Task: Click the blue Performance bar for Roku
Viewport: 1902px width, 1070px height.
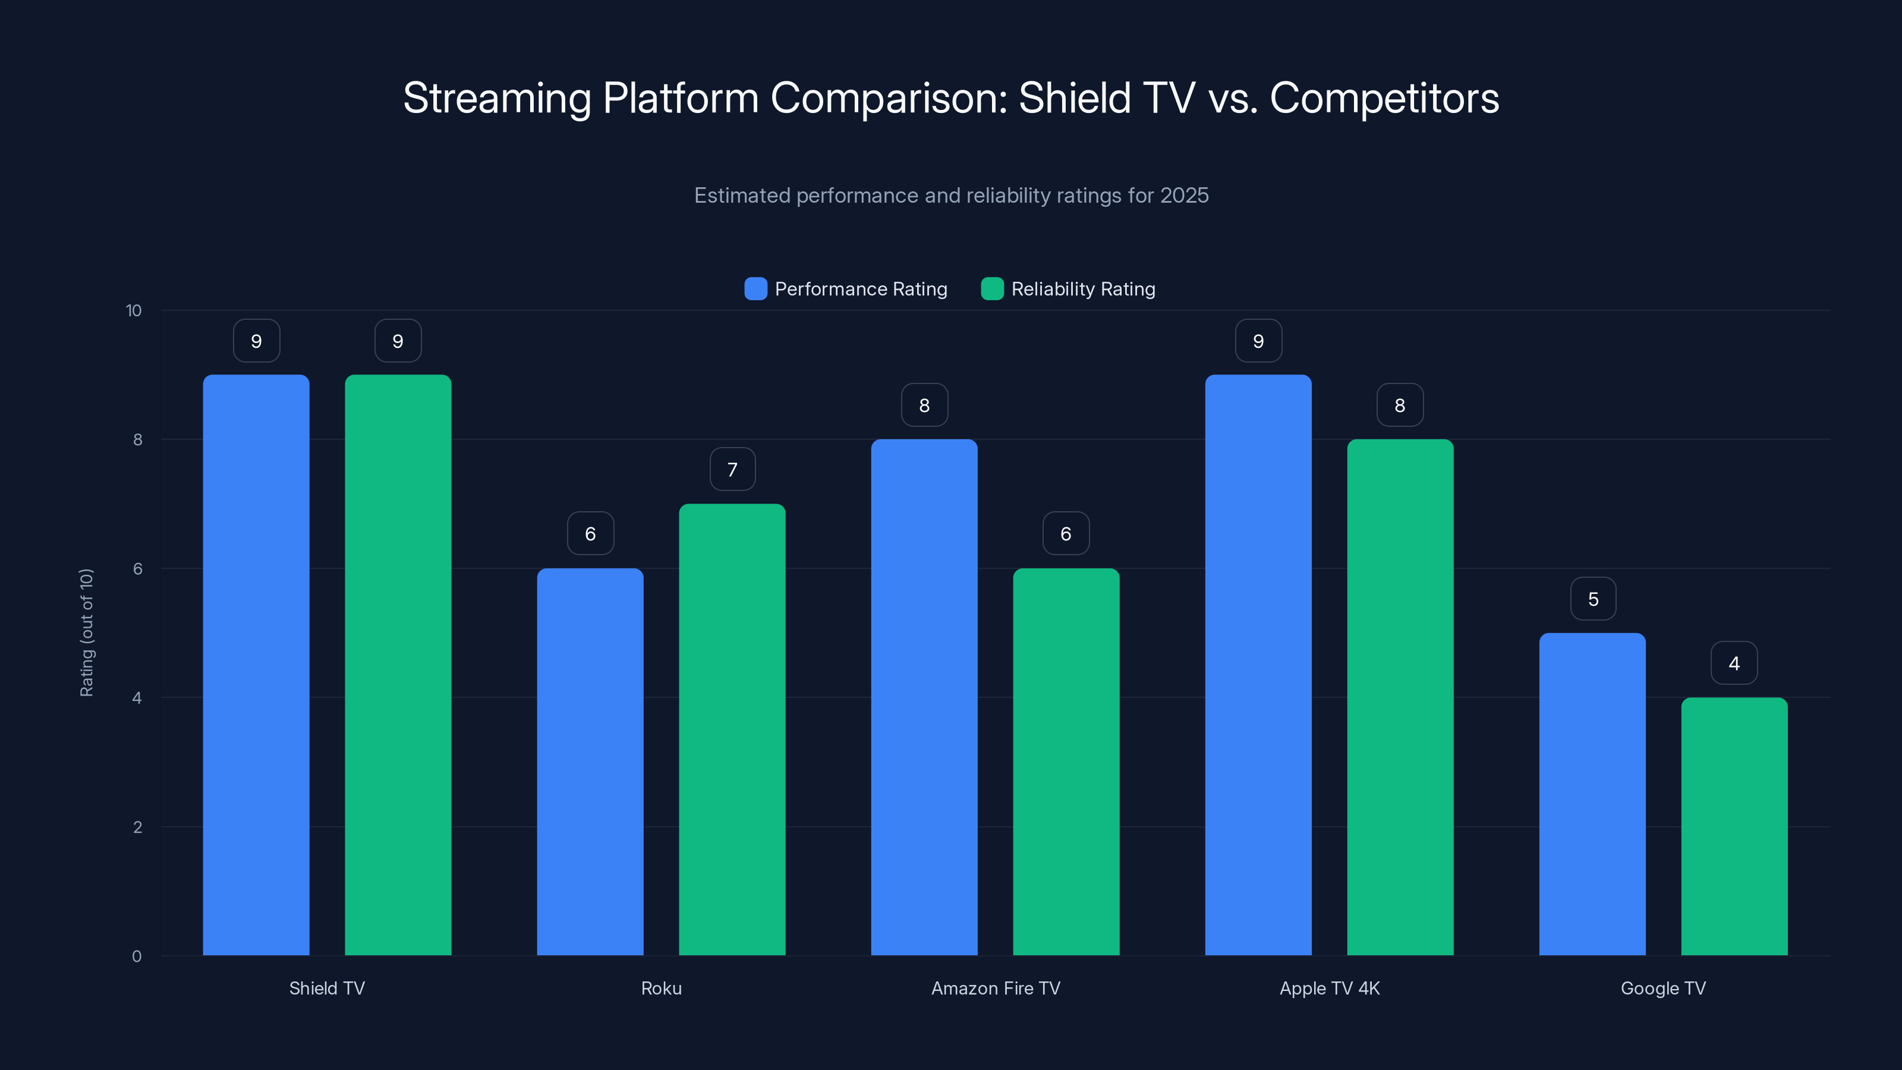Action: [590, 761]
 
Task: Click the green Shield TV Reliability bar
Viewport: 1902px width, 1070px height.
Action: [398, 665]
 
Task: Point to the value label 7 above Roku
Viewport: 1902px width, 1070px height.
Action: [732, 470]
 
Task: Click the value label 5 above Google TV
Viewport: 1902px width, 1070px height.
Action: [1593, 599]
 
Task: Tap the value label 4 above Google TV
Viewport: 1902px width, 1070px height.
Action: [1734, 663]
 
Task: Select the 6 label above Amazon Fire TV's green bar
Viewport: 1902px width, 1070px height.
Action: [1066, 534]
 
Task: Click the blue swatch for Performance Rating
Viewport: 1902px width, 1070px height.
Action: [755, 289]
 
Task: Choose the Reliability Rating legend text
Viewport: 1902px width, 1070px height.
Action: [1082, 289]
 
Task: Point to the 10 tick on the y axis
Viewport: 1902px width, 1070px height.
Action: [134, 310]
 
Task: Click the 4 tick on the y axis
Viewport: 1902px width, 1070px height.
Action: [137, 698]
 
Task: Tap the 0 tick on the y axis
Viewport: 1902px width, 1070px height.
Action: [137, 956]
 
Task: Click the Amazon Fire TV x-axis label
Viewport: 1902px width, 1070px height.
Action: [996, 988]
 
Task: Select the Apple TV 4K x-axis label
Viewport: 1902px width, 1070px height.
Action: [1329, 988]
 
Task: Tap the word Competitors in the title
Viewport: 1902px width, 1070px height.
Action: [1384, 98]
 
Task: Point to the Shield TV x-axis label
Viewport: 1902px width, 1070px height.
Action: [327, 988]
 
